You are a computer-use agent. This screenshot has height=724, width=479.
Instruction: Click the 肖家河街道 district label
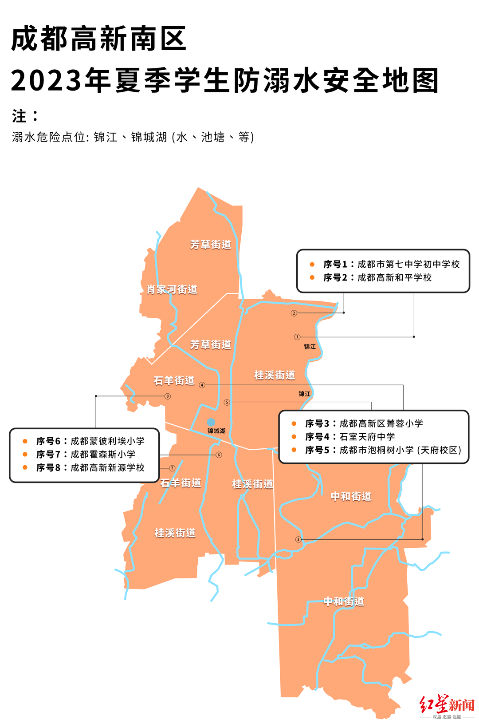pyautogui.click(x=172, y=290)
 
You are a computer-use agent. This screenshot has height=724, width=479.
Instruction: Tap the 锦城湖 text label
pyautogui.click(x=216, y=431)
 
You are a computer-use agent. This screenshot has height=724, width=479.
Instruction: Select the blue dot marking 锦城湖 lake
pyautogui.click(x=211, y=422)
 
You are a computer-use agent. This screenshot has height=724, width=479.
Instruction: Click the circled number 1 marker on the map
pyautogui.click(x=297, y=337)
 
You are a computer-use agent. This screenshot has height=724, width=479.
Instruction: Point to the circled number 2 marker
pyautogui.click(x=294, y=313)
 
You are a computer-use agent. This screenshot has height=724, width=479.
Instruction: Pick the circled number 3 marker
pyautogui.click(x=298, y=540)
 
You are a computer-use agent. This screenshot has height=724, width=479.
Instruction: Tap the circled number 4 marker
pyautogui.click(x=202, y=385)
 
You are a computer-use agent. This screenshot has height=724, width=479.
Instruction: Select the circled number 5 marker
pyautogui.click(x=227, y=403)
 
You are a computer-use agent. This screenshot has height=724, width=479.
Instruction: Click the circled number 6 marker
pyautogui.click(x=219, y=455)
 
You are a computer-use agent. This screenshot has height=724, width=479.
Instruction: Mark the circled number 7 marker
pyautogui.click(x=173, y=468)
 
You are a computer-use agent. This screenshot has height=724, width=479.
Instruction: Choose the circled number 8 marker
pyautogui.click(x=168, y=396)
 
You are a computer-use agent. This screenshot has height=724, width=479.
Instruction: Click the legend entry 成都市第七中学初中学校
pyautogui.click(x=408, y=265)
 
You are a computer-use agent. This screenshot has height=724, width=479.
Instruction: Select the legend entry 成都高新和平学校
pyautogui.click(x=394, y=278)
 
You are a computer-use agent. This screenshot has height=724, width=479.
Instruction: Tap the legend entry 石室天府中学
pyautogui.click(x=367, y=437)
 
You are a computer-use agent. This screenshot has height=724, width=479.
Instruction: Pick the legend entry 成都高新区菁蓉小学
pyautogui.click(x=381, y=423)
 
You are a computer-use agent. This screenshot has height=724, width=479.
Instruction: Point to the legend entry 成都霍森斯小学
pyautogui.click(x=103, y=455)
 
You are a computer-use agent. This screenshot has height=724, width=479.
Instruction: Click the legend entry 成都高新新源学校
pyautogui.click(x=107, y=468)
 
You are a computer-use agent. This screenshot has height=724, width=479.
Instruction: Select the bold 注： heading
pyautogui.click(x=25, y=116)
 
